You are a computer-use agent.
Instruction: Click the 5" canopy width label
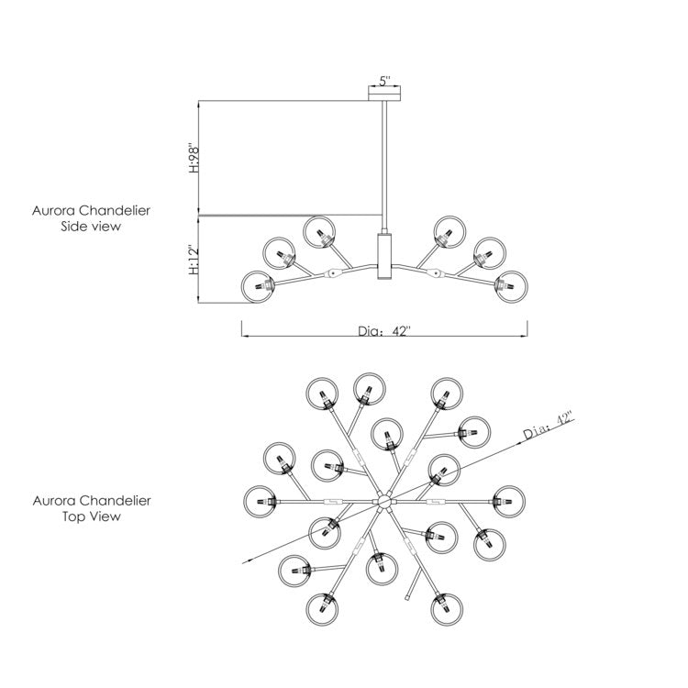click(384, 81)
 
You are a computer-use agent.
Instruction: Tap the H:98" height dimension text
click(194, 157)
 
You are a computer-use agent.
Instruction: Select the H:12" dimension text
click(194, 260)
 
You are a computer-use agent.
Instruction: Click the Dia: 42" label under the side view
click(384, 331)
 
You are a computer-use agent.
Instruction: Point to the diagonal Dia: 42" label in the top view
click(549, 425)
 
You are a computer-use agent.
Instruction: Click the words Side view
click(91, 227)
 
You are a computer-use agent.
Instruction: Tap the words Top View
click(91, 516)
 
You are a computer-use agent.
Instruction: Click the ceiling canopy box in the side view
click(384, 94)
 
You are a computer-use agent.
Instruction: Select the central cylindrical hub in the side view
click(384, 256)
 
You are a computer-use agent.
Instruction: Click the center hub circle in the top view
click(384, 501)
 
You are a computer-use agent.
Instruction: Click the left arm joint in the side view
click(333, 273)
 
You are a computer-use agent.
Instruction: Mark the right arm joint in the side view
click(435, 273)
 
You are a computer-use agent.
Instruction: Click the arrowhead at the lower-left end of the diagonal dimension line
click(247, 561)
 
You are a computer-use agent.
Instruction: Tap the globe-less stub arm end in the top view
click(407, 597)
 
